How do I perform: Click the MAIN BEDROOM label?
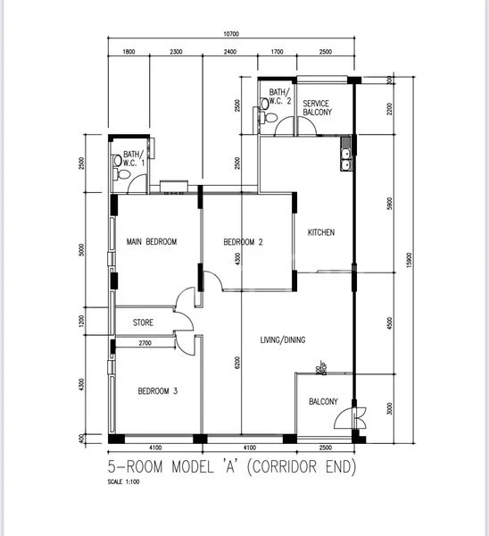pyautogui.click(x=152, y=242)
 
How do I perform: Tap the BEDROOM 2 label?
pyautogui.click(x=243, y=242)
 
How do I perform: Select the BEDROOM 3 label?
pyautogui.click(x=157, y=391)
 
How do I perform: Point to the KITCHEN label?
pyautogui.click(x=321, y=233)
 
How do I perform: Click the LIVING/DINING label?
pyautogui.click(x=278, y=339)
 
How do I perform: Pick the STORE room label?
pyautogui.click(x=144, y=322)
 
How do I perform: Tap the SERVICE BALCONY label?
pyautogui.click(x=317, y=108)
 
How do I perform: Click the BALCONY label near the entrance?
pyautogui.click(x=323, y=402)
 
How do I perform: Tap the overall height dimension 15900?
pyautogui.click(x=410, y=258)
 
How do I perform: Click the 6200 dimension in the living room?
pyautogui.click(x=237, y=364)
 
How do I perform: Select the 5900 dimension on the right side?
pyautogui.click(x=390, y=202)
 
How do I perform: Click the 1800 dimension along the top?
pyautogui.click(x=129, y=53)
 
